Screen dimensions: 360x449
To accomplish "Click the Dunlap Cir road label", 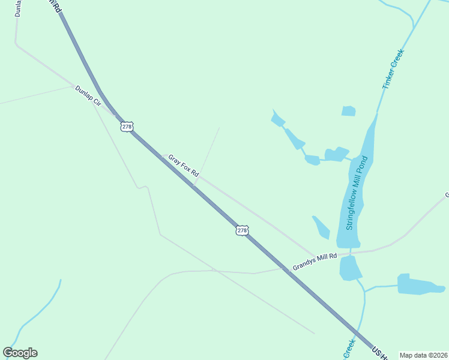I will pyautogui.click(x=88, y=96).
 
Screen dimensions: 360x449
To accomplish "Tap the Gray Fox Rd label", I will pyautogui.click(x=183, y=166).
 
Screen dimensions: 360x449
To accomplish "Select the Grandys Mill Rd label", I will pyautogui.click(x=314, y=260).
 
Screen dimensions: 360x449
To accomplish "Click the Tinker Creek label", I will pyautogui.click(x=394, y=70).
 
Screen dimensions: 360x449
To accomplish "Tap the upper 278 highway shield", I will pyautogui.click(x=126, y=127).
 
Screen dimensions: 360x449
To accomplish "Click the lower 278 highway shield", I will pyautogui.click(x=241, y=230).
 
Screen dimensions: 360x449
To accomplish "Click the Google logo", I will pyautogui.click(x=20, y=353).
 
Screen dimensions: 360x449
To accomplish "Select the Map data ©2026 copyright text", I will pyautogui.click(x=423, y=355).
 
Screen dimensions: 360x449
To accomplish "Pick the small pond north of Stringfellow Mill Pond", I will pyautogui.click(x=348, y=111).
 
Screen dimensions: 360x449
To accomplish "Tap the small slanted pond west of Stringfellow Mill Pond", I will pyautogui.click(x=322, y=227).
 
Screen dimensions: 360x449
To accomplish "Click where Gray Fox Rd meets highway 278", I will pyautogui.click(x=194, y=185).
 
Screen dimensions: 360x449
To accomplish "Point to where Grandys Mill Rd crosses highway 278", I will pyautogui.click(x=288, y=271).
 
